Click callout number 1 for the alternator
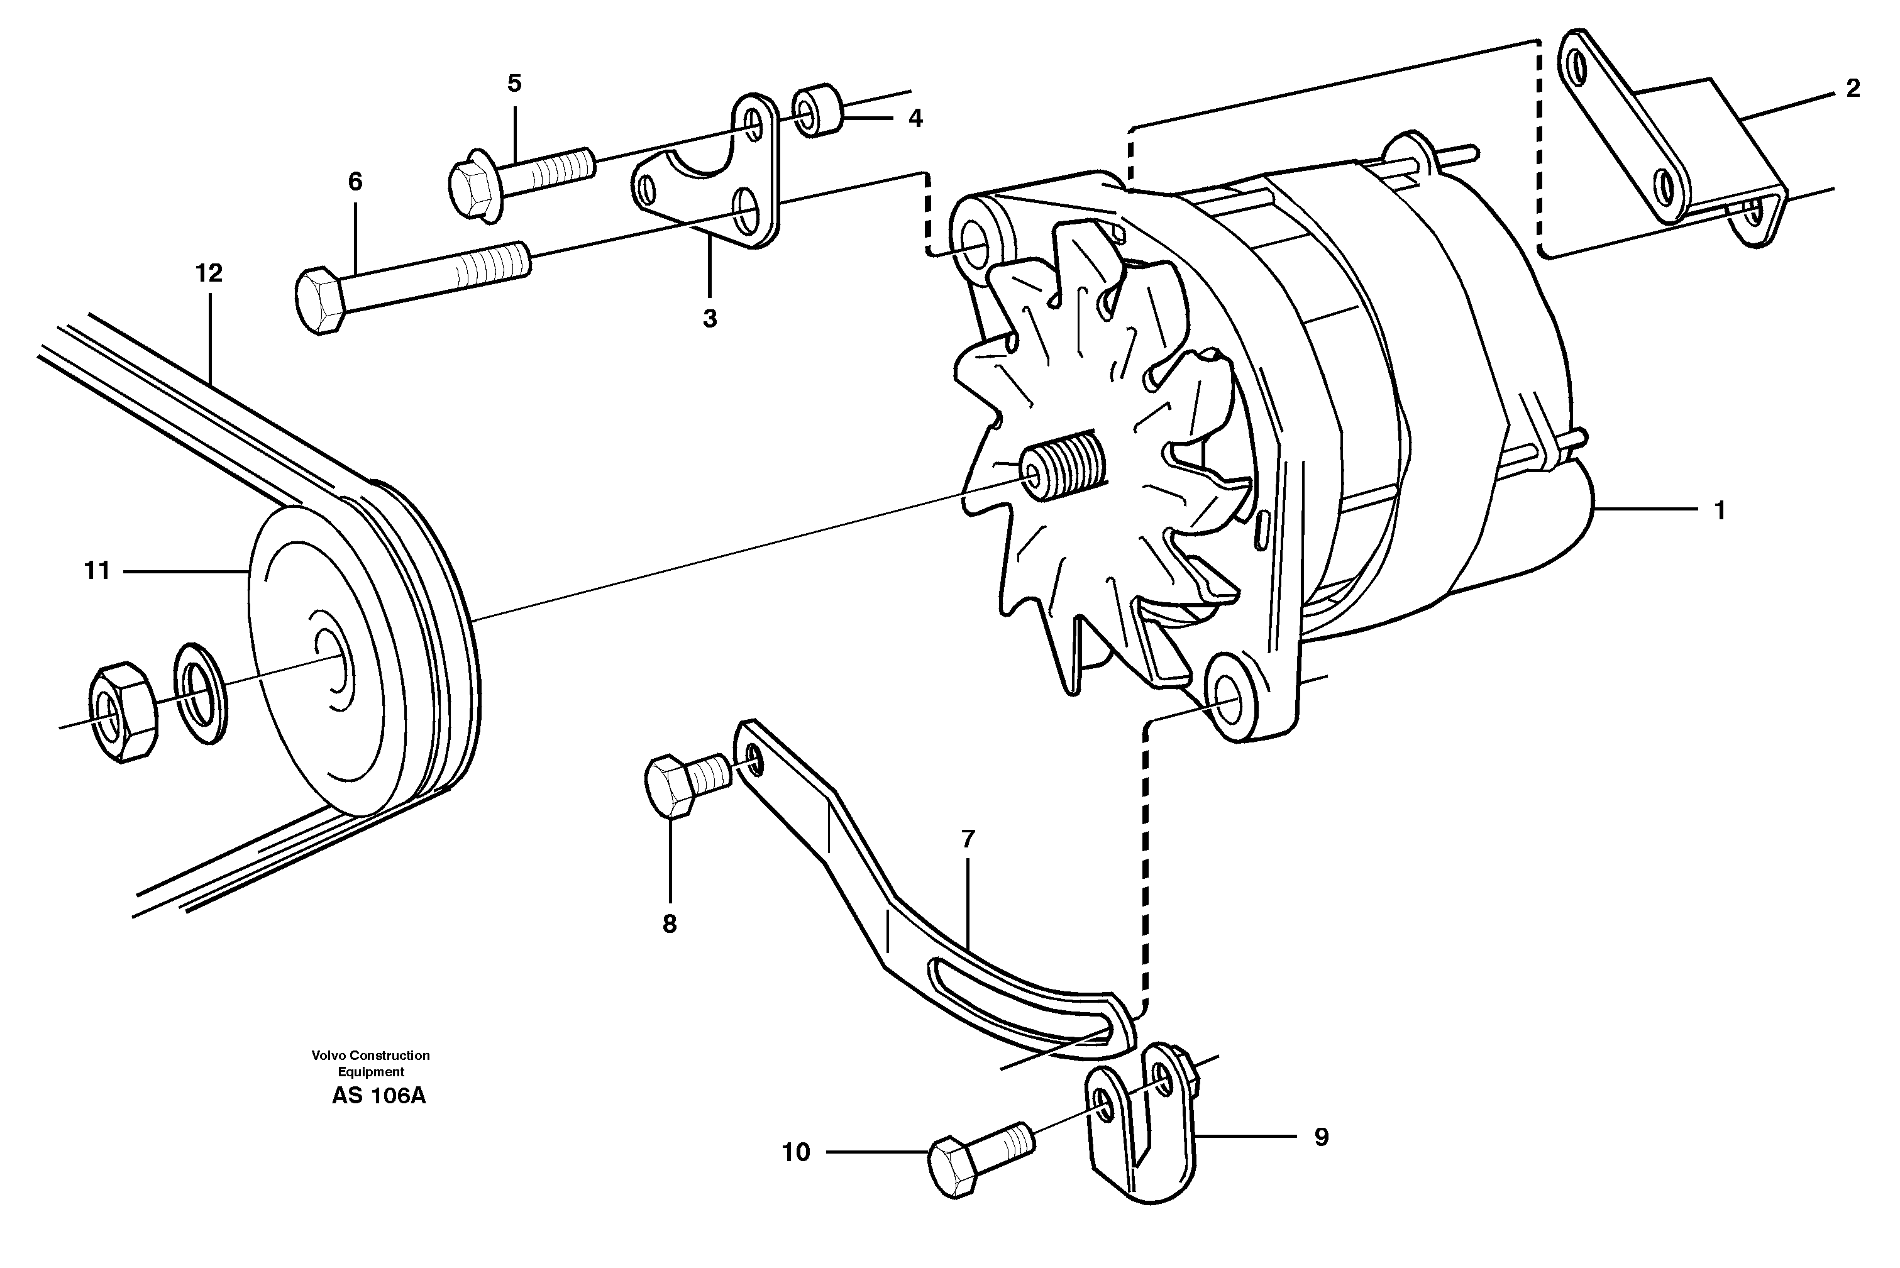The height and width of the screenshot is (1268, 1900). (1720, 511)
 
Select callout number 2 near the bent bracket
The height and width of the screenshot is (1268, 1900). (1853, 89)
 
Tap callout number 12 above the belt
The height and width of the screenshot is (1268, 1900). (209, 273)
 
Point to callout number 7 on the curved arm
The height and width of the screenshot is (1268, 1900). (968, 839)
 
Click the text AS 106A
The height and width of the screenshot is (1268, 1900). (378, 1096)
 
